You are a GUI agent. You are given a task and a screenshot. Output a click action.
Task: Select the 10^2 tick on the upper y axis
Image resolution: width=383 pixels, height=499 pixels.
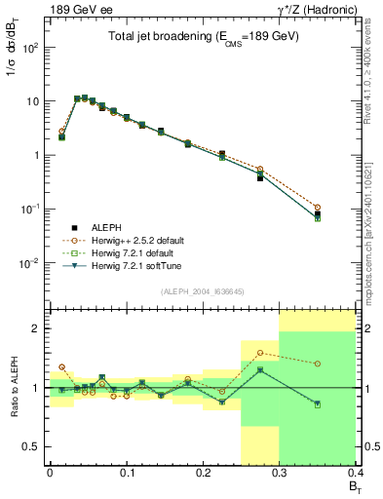31,48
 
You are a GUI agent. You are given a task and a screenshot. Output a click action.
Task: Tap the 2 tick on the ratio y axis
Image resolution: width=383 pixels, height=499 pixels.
36,328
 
